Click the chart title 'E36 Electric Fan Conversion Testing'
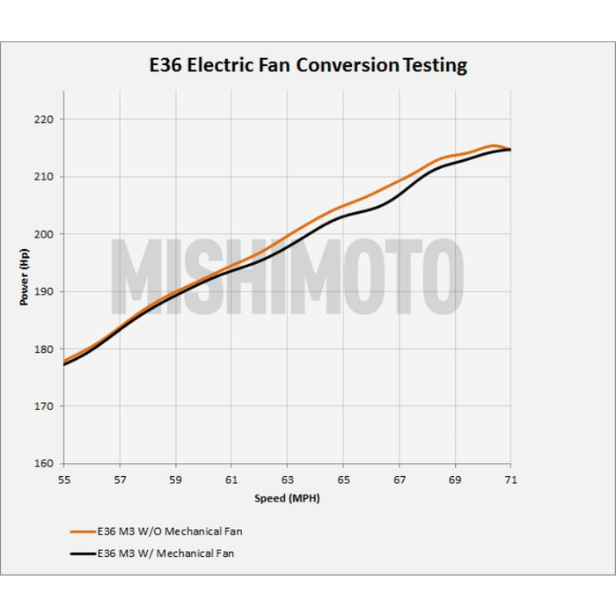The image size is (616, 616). point(307,65)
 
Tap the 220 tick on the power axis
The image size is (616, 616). point(45,119)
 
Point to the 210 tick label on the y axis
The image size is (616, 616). point(45,177)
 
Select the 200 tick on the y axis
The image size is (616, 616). point(45,234)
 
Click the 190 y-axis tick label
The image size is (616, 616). point(45,291)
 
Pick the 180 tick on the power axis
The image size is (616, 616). point(45,349)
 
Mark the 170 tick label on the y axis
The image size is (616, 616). point(45,407)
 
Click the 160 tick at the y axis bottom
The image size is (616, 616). point(45,464)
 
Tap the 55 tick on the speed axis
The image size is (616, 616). point(64,480)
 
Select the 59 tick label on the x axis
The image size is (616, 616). point(176,480)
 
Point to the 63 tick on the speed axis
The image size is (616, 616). point(287,480)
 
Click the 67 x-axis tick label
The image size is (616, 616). point(399,480)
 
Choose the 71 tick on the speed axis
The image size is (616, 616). point(510,480)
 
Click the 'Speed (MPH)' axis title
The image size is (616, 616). point(287,499)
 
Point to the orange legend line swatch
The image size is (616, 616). point(82,532)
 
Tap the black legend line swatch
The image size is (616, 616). point(82,554)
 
